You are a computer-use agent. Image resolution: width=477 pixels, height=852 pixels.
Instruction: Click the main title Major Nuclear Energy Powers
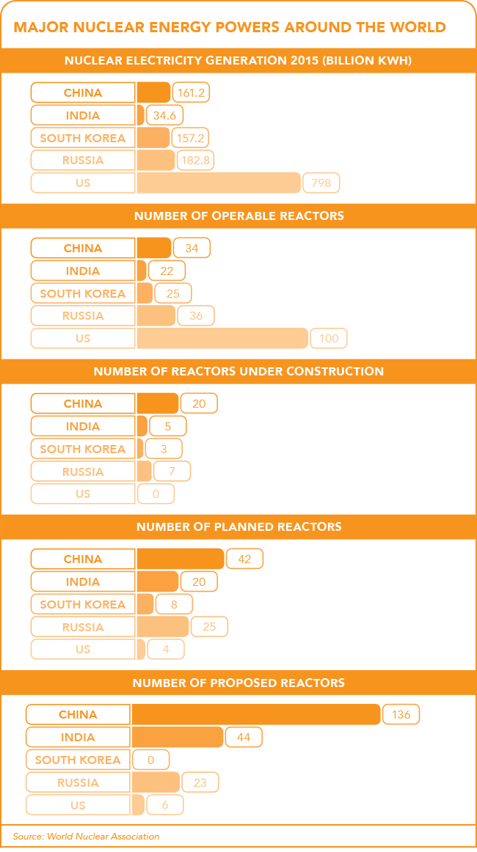pyautogui.click(x=230, y=28)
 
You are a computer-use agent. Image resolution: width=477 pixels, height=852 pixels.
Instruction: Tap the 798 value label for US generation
pyautogui.click(x=321, y=183)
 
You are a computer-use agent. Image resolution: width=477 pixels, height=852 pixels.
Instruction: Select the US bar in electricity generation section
pyautogui.click(x=218, y=183)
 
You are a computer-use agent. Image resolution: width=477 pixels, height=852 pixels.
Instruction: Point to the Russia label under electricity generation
pyautogui.click(x=83, y=161)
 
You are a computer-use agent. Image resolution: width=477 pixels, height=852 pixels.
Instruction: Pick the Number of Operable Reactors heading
pyautogui.click(x=238, y=216)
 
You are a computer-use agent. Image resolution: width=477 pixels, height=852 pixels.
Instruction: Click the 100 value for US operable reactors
pyautogui.click(x=329, y=338)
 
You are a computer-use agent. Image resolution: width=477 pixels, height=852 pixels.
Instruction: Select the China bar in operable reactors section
pyautogui.click(x=153, y=248)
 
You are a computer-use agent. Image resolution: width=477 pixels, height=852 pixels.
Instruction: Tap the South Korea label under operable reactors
pyautogui.click(x=83, y=293)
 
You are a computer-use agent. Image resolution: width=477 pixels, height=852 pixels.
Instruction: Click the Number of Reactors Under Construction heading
pyautogui.click(x=238, y=372)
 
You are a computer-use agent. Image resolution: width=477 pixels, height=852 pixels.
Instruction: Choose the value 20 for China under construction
pyautogui.click(x=199, y=403)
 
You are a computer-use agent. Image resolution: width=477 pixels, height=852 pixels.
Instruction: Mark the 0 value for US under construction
pyautogui.click(x=156, y=494)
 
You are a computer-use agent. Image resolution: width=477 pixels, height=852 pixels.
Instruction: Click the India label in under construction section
pyautogui.click(x=83, y=426)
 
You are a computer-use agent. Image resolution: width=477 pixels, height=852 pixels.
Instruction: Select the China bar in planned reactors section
pyautogui.click(x=180, y=559)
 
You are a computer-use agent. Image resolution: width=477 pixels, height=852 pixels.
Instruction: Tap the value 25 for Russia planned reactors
pyautogui.click(x=209, y=627)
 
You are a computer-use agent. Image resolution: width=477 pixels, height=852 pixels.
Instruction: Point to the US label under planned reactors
pyautogui.click(x=83, y=650)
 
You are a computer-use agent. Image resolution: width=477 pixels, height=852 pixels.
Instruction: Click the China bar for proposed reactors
pyautogui.click(x=255, y=714)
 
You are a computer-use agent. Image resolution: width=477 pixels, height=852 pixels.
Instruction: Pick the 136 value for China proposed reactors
pyautogui.click(x=401, y=714)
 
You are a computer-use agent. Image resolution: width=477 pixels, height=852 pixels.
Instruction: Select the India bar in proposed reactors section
pyautogui.click(x=177, y=737)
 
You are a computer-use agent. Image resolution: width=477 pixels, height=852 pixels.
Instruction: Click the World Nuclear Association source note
pyautogui.click(x=86, y=836)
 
